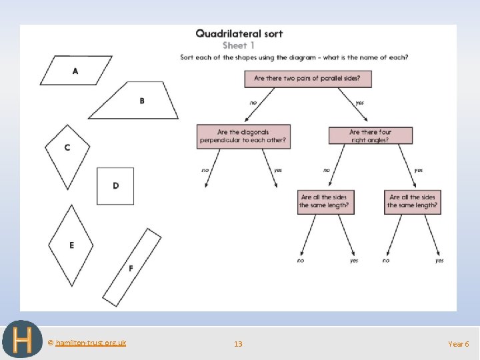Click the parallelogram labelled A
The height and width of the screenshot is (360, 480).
[75, 71]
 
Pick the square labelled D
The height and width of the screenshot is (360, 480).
[115, 185]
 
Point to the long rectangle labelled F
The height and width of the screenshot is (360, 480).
[131, 267]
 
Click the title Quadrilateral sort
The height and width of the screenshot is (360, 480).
[239, 33]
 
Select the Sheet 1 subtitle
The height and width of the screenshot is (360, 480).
[239, 45]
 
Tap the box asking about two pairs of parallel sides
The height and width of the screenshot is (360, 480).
[307, 79]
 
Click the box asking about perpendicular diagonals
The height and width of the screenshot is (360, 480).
[243, 136]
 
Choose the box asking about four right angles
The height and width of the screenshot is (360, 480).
[370, 136]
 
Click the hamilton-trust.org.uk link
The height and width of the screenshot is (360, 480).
[91, 343]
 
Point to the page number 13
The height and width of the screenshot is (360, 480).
[238, 344]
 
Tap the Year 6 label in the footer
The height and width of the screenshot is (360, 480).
[459, 344]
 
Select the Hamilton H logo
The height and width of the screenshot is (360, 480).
[22, 340]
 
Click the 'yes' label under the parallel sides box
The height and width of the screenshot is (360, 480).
[359, 103]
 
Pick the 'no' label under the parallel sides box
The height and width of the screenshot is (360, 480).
[253, 103]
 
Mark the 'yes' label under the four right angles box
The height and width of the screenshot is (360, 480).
[418, 170]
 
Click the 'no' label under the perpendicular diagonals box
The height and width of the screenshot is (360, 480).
[205, 170]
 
